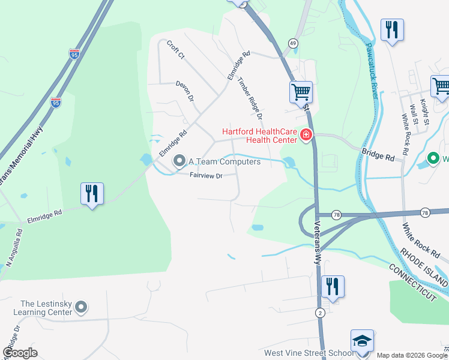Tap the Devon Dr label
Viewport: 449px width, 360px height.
point(185,90)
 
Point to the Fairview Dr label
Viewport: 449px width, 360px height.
point(206,176)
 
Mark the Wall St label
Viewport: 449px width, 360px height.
point(414,115)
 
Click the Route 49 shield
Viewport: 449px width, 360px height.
point(292,43)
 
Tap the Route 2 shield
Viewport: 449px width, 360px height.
point(321,313)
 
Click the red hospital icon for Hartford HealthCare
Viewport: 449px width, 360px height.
point(306,135)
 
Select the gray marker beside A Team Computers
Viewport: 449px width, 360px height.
point(179,161)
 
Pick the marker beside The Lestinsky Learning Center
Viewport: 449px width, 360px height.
point(81,308)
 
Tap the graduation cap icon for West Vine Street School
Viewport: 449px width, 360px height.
point(362,341)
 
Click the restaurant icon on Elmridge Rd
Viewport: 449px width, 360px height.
point(92,193)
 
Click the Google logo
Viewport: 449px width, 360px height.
point(20,353)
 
